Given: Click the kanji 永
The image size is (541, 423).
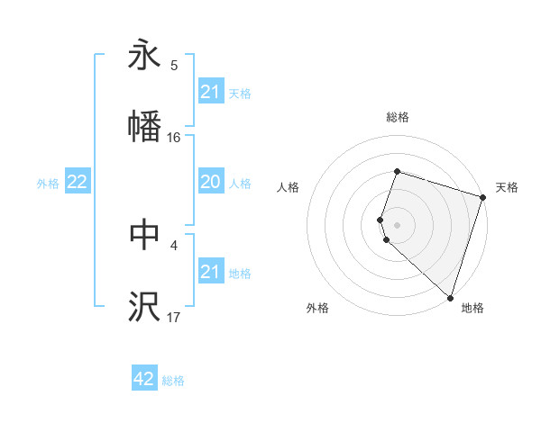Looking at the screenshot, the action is coord(144,55).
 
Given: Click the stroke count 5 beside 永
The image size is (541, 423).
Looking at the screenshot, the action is coord(174,65).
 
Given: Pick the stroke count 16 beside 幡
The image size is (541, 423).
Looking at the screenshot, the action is coord(174,137).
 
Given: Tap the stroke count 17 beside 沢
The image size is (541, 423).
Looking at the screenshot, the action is coord(174,317).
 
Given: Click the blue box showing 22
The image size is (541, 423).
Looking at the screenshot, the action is coord(78,183).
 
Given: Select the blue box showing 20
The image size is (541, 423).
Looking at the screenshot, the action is coord(210,183).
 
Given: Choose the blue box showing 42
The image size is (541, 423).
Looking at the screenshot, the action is coord(144,380).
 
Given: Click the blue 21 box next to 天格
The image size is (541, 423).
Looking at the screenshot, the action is coord(210,92).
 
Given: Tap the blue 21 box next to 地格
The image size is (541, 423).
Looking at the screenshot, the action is coord(210,272).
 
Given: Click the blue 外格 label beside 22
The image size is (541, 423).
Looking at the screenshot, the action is coord(48,184).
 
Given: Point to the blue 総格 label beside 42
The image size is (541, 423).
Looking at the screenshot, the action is coord(173,381).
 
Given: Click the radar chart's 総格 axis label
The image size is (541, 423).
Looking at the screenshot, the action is coord(397,117).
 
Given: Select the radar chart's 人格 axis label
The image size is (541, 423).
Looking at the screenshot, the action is coord(289,187).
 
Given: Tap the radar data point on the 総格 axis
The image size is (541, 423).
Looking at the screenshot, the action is coord(397,171).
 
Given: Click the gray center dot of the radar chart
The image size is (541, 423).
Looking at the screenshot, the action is coord(397,224).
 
